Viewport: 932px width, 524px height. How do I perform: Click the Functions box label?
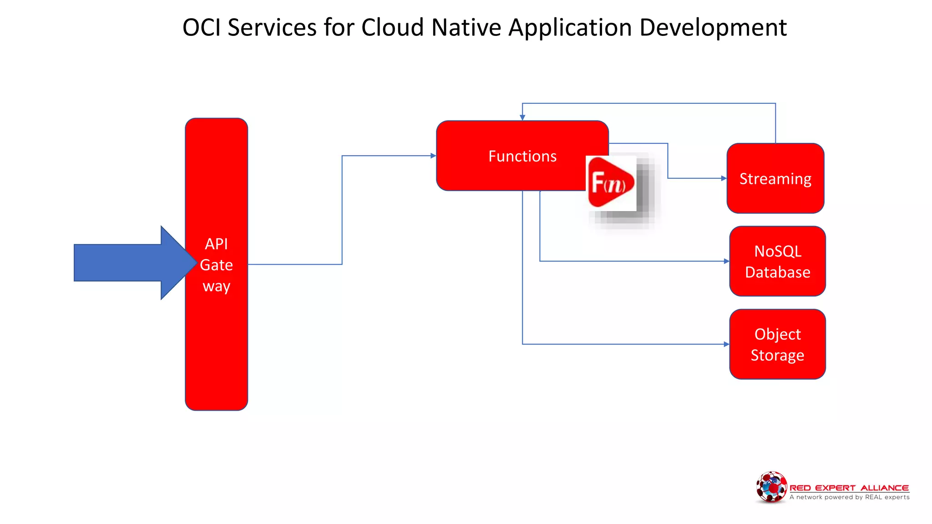tap(522, 156)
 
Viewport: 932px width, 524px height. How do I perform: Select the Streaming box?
tap(775, 179)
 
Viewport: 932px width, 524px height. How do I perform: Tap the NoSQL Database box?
tap(777, 261)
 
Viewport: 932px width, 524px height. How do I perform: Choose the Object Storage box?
tap(777, 344)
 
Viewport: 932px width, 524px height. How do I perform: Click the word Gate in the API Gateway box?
tap(216, 265)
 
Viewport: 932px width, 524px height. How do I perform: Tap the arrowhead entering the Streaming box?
tap(724, 178)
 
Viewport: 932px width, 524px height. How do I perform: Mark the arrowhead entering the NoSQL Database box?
tap(726, 261)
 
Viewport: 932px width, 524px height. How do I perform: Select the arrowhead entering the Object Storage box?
tap(726, 344)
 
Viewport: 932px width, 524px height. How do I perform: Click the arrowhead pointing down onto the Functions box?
tap(522, 117)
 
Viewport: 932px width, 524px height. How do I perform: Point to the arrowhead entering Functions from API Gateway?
tap(433, 156)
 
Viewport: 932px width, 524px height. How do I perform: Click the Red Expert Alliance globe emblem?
tap(771, 487)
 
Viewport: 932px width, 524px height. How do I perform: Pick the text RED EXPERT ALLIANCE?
tap(849, 488)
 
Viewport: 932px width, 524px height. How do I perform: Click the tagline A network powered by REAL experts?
tap(849, 497)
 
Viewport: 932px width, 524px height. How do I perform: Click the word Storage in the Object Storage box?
tap(777, 355)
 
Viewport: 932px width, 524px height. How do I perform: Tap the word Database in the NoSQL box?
tap(777, 272)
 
